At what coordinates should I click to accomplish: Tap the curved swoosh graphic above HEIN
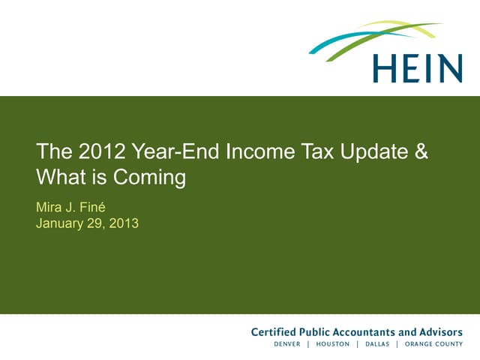click(375, 37)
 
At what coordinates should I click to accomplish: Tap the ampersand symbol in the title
click(421, 152)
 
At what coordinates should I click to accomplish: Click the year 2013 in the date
click(123, 223)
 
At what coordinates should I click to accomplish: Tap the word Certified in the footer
click(274, 332)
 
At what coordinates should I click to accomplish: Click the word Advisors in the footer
click(442, 332)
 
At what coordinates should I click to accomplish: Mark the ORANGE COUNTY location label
click(433, 344)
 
